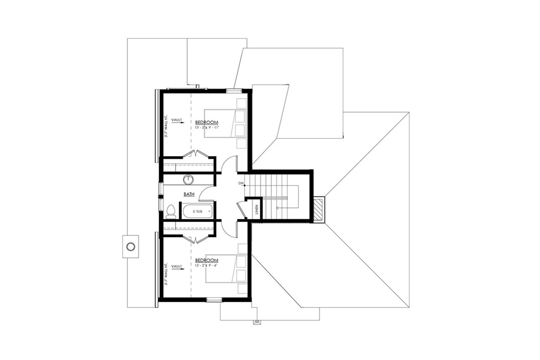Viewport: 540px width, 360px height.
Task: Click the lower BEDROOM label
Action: coord(207,260)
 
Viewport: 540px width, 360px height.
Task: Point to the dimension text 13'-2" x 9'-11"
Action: coord(207,126)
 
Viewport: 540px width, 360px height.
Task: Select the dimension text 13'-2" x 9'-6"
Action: coord(207,265)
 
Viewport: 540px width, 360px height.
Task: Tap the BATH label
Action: coord(189,195)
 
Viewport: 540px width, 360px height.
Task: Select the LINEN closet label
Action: coord(257,209)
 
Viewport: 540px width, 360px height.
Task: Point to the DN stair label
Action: coord(241,183)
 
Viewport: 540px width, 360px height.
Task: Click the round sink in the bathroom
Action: coord(188,180)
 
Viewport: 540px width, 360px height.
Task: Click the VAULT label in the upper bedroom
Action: coord(177,120)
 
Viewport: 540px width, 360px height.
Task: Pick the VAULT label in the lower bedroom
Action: coord(177,266)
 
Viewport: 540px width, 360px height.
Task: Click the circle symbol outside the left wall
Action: coord(131,246)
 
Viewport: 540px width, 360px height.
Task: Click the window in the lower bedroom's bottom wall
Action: coord(214,300)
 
